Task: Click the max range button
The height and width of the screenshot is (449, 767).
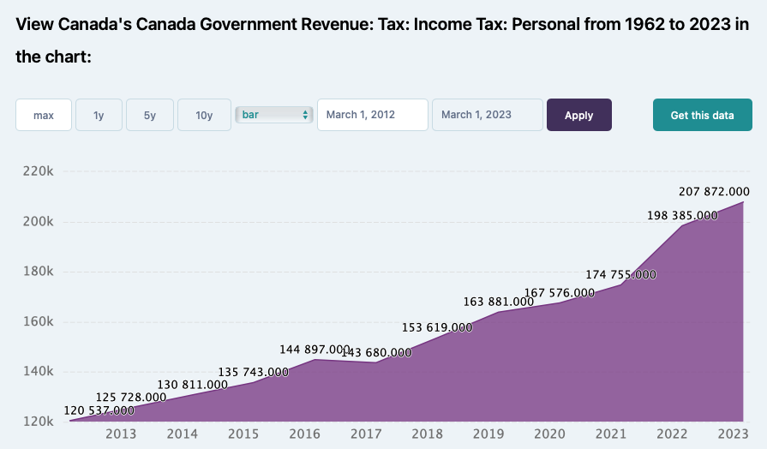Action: (44, 115)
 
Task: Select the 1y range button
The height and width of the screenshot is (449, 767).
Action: (99, 115)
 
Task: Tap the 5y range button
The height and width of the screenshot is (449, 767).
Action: (150, 115)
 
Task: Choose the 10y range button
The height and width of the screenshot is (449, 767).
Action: (204, 115)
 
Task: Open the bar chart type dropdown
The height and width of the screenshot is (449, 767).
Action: (274, 115)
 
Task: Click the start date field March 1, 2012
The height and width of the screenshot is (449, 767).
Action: (372, 115)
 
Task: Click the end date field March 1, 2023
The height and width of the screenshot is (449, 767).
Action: (487, 115)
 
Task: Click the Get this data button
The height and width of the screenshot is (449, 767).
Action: (702, 115)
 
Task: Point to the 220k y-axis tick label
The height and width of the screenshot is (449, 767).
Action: (37, 171)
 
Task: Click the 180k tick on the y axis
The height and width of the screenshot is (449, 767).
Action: (37, 272)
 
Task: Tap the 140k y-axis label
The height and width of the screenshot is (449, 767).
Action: (37, 372)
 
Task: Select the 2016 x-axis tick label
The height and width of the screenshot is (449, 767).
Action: (305, 434)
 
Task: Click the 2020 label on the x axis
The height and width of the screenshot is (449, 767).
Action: (550, 434)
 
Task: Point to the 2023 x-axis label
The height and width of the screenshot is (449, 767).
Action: (734, 434)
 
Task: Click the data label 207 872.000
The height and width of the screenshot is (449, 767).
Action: (714, 191)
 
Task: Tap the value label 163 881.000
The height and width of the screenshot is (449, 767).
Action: (499, 302)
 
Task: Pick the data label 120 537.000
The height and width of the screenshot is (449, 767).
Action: (99, 411)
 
